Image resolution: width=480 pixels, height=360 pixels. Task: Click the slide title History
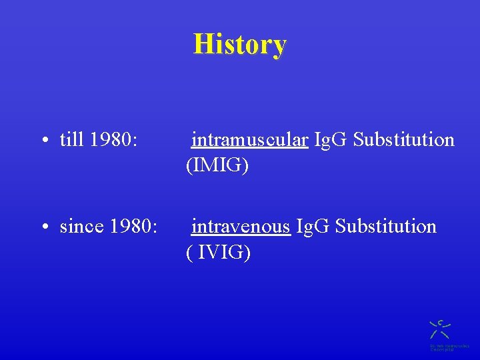click(240, 45)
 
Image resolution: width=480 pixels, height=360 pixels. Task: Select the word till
click(72, 140)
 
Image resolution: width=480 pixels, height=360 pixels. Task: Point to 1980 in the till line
click(111, 140)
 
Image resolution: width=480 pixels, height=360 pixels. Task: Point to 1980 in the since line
click(130, 227)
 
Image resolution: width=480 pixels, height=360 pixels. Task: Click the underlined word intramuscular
click(249, 140)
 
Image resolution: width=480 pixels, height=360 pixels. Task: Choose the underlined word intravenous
click(241, 227)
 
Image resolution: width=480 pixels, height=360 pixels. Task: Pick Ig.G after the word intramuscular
click(331, 140)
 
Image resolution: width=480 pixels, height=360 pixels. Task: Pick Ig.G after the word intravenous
click(313, 227)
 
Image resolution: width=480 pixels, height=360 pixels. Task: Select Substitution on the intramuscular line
click(404, 140)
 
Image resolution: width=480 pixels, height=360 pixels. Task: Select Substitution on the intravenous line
click(386, 227)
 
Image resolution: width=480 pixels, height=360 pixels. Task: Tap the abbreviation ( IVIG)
click(218, 253)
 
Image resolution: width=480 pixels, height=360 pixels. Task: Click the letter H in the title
click(201, 45)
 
